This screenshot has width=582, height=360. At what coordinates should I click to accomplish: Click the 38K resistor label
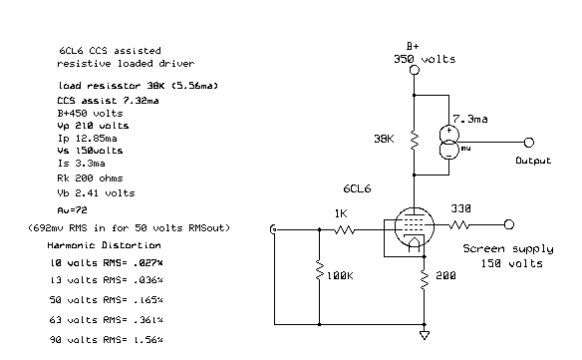coord(387,137)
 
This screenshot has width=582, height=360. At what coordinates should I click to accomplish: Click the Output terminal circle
coord(529,143)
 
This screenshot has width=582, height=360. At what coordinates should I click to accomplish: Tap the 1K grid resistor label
coord(340,212)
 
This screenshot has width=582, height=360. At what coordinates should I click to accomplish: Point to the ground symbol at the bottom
coord(425,335)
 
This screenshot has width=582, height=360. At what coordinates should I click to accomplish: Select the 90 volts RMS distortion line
coord(100,341)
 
